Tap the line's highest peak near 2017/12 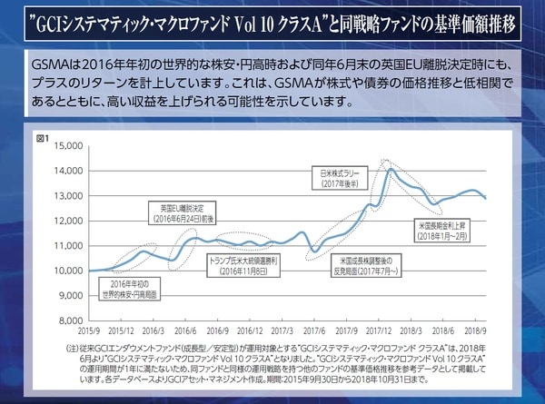point(391,169)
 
